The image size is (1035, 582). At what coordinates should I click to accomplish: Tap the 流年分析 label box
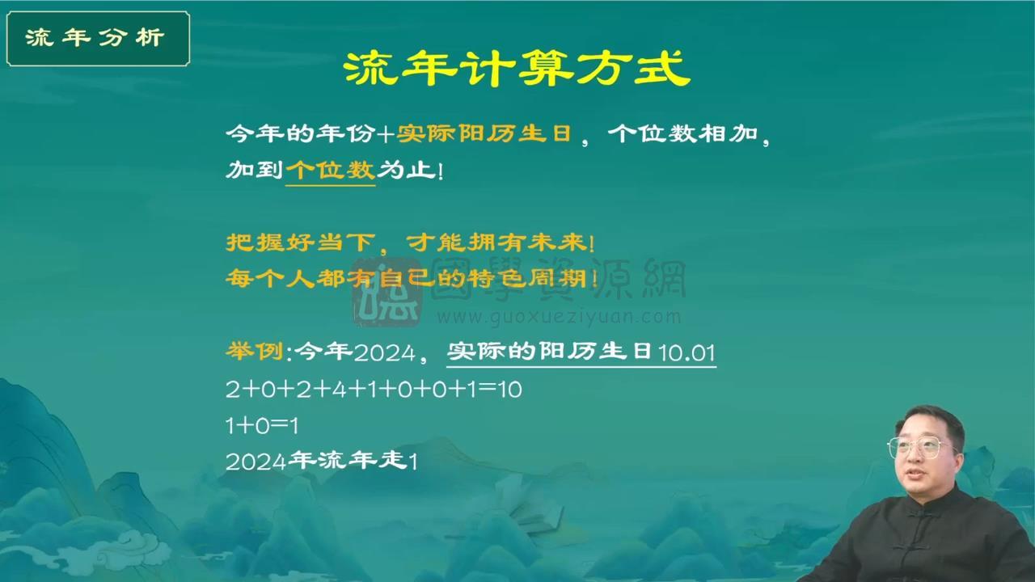click(x=98, y=38)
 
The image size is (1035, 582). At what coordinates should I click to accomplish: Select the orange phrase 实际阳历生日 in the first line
click(x=484, y=134)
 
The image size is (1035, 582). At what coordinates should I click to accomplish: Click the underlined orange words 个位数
click(x=330, y=170)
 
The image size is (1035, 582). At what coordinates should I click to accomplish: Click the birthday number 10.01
click(x=686, y=353)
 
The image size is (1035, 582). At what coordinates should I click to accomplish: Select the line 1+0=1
click(x=262, y=425)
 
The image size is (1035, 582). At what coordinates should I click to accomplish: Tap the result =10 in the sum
click(x=501, y=390)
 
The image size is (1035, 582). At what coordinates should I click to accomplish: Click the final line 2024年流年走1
click(x=321, y=462)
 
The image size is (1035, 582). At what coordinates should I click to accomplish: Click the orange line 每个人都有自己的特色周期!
click(x=412, y=279)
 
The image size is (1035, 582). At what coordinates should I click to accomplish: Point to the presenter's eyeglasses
click(x=921, y=446)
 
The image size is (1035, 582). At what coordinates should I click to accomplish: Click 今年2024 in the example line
click(x=355, y=352)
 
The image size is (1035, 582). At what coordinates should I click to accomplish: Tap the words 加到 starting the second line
click(x=254, y=170)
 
